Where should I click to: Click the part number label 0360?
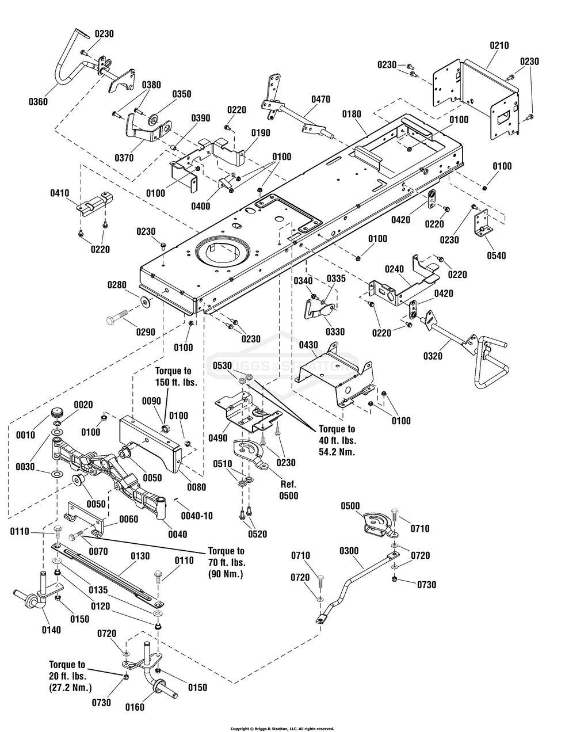pyautogui.click(x=37, y=102)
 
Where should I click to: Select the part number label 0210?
pyautogui.click(x=499, y=45)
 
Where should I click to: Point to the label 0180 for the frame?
pyautogui.click(x=352, y=115)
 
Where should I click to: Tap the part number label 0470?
pyautogui.click(x=321, y=99)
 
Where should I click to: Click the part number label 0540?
pyautogui.click(x=493, y=255)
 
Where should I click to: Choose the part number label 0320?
pyautogui.click(x=433, y=356)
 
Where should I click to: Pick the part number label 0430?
pyautogui.click(x=308, y=344)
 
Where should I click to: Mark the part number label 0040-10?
pyautogui.click(x=197, y=516)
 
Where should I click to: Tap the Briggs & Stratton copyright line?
pyautogui.click(x=282, y=729)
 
